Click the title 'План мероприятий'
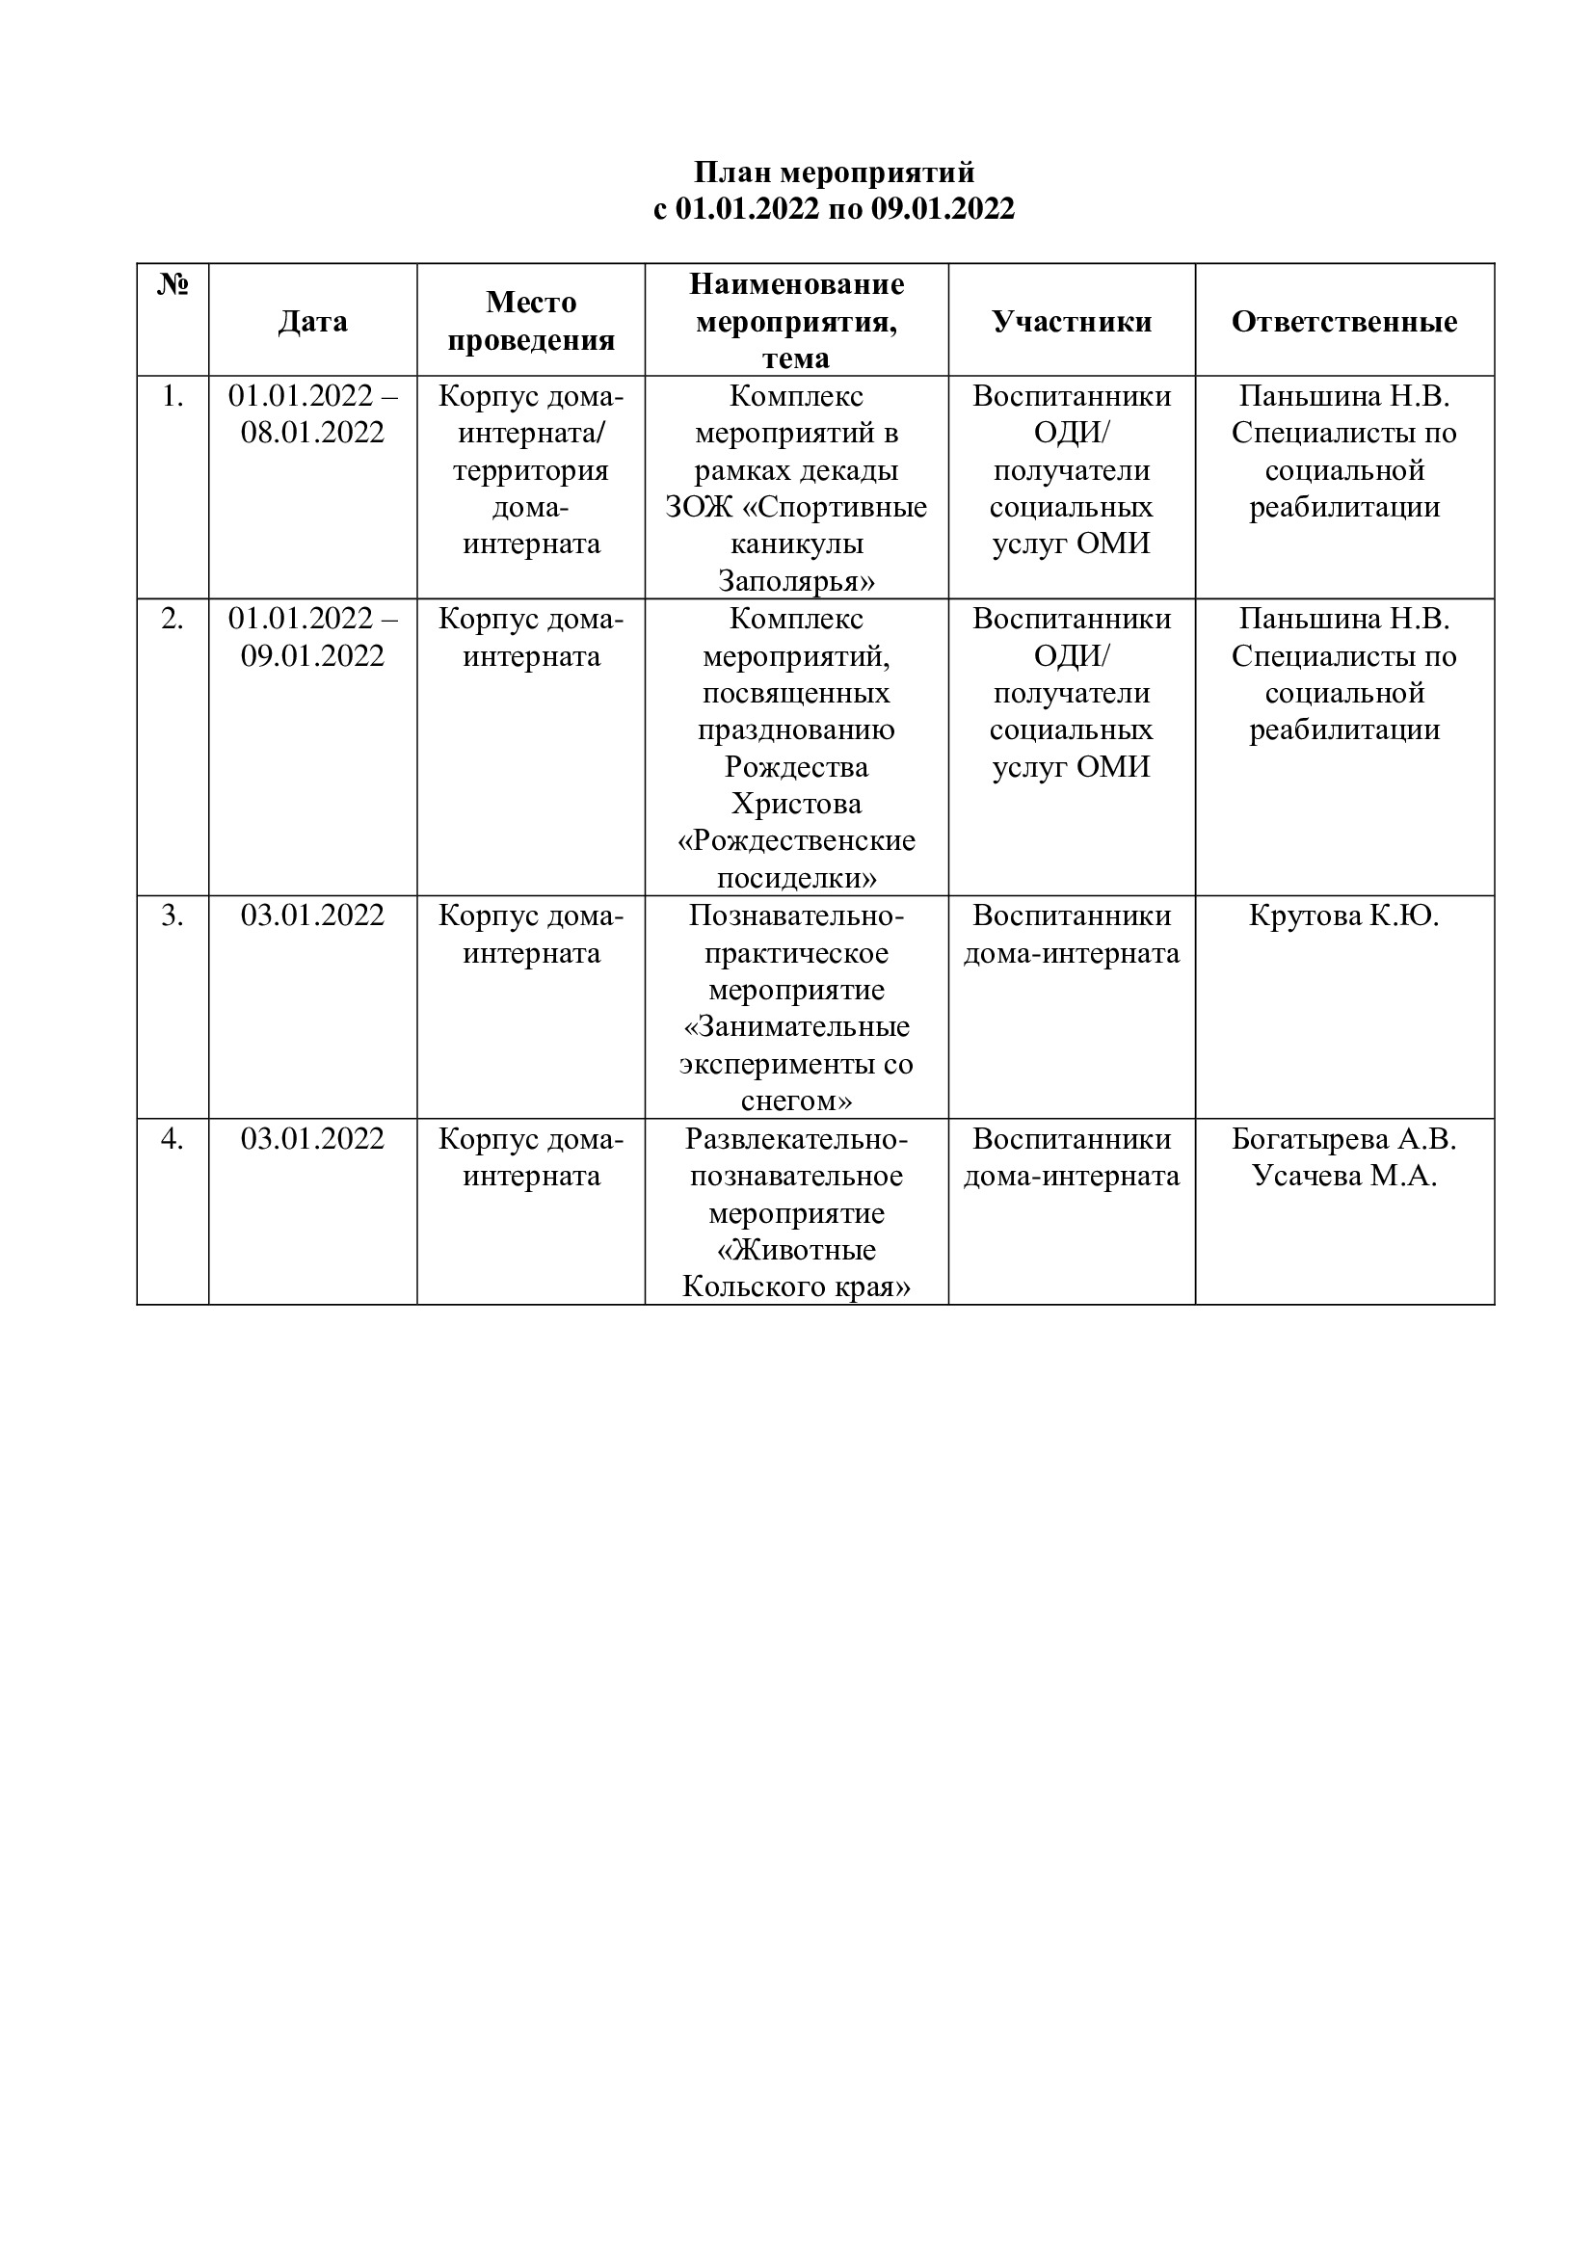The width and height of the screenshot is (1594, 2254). point(835,172)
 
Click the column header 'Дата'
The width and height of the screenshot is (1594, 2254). point(312,321)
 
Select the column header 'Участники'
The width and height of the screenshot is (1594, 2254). point(1072,321)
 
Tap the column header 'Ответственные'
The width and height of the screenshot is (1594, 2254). point(1343,321)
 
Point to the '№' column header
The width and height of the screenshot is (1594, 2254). point(173,284)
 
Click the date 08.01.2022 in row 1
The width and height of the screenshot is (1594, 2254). point(312,433)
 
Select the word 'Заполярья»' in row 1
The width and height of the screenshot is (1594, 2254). point(796,581)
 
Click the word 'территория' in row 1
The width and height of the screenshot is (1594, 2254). point(531,470)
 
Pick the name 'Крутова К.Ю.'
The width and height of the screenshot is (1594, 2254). point(1343,915)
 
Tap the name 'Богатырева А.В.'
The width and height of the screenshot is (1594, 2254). point(1343,1139)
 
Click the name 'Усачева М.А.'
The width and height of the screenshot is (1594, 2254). point(1343,1176)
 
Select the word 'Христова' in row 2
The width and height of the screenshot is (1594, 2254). point(796,804)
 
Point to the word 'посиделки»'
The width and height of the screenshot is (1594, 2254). point(796,878)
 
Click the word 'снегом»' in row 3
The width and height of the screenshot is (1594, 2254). point(796,1101)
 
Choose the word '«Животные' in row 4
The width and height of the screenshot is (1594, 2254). point(796,1250)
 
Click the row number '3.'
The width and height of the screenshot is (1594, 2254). point(173,915)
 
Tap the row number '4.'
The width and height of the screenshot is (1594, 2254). point(173,1139)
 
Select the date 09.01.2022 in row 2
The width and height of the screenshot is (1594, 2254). point(312,656)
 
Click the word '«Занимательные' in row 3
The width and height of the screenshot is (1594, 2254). point(796,1027)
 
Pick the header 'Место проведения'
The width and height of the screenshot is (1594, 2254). point(531,321)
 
